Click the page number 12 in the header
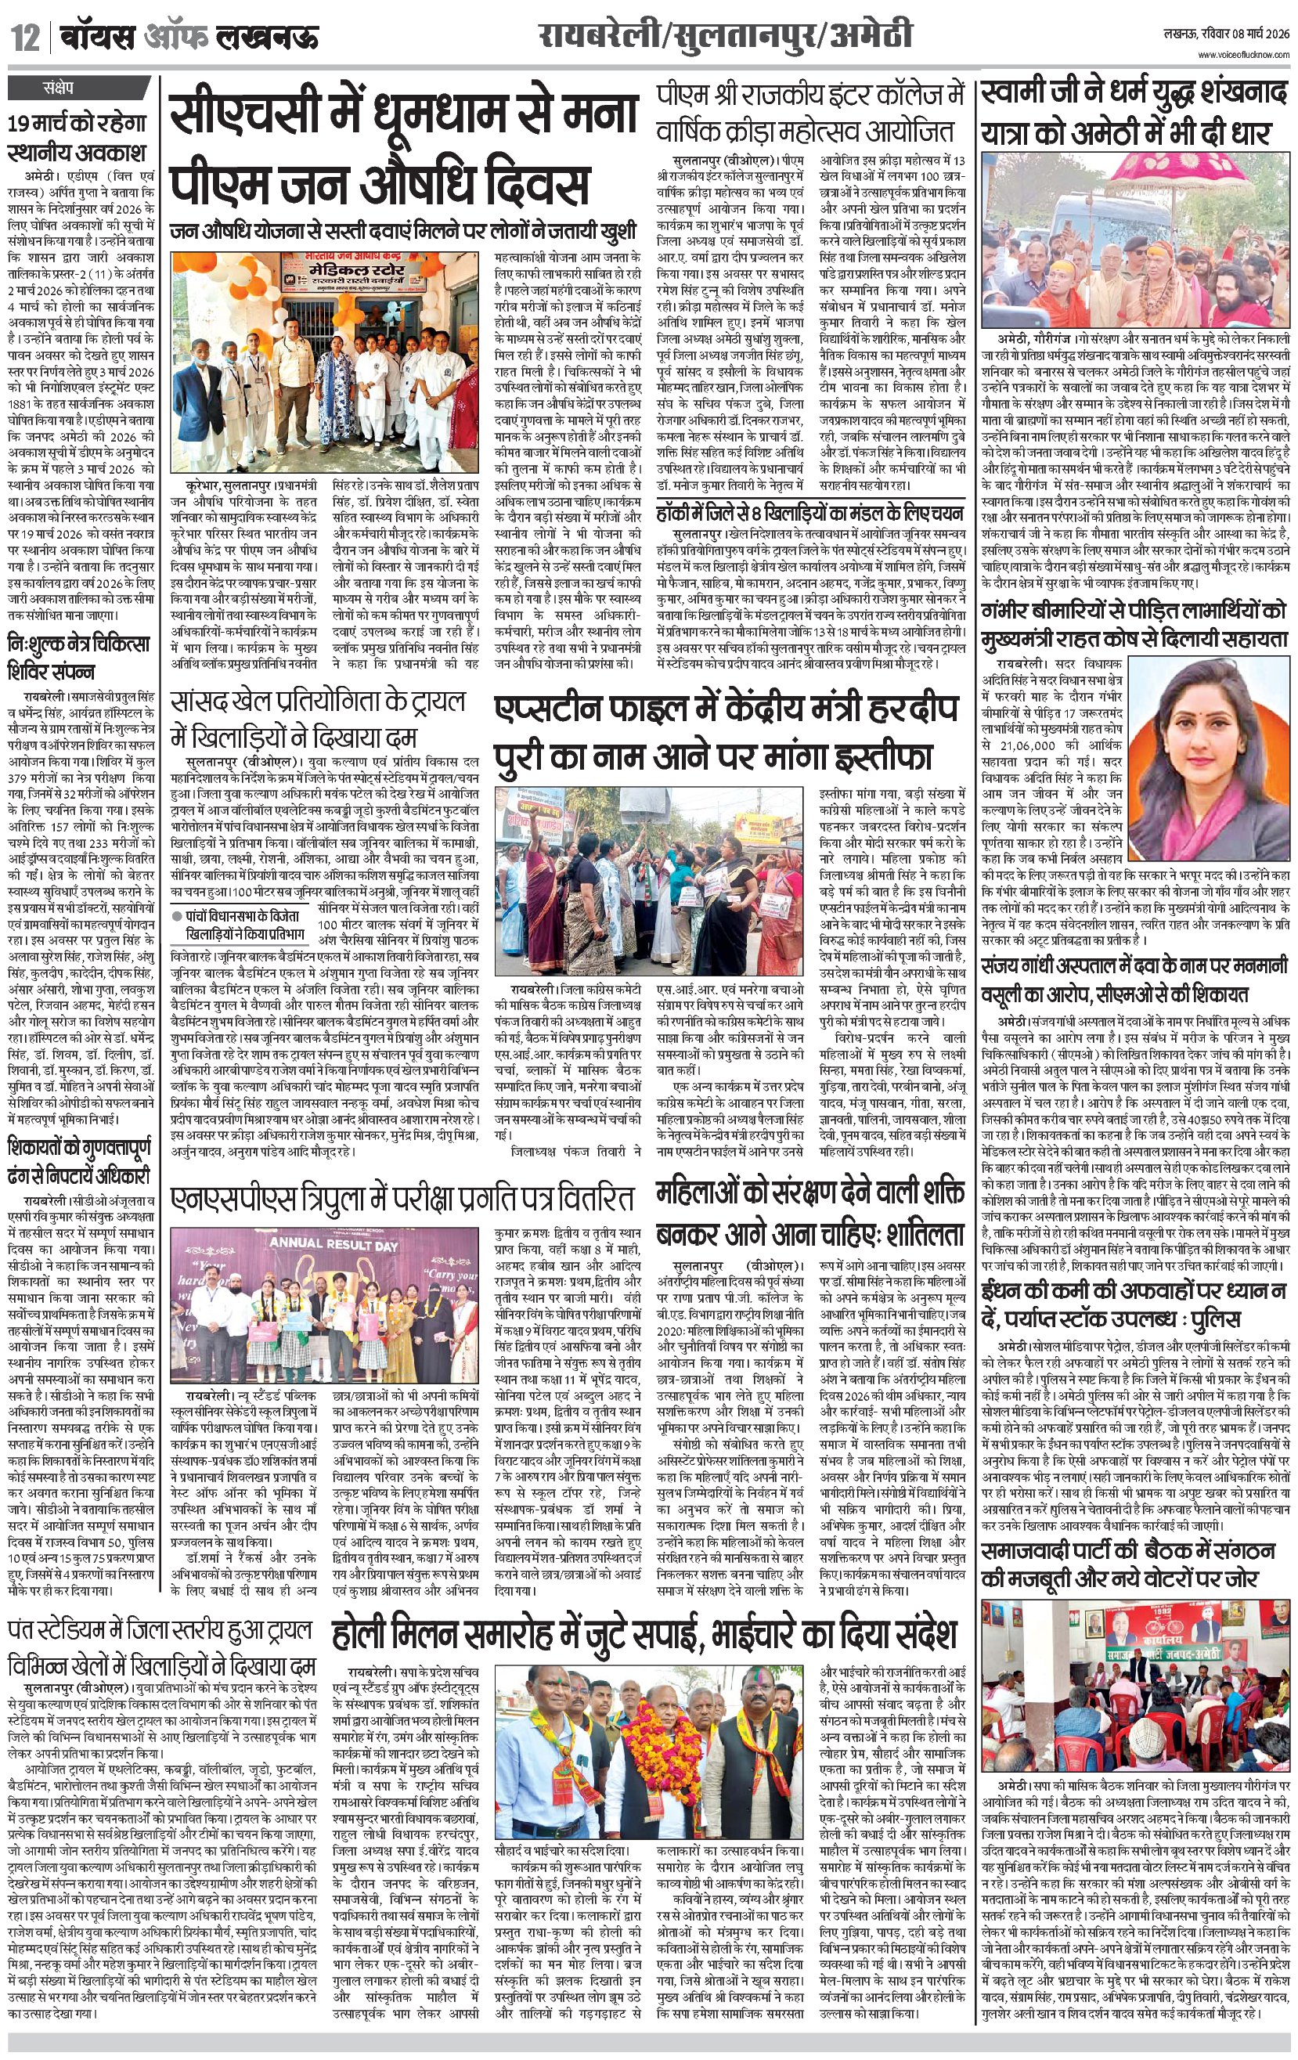(x=23, y=38)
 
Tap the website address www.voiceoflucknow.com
(x=1242, y=56)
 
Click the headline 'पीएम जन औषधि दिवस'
(x=379, y=186)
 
